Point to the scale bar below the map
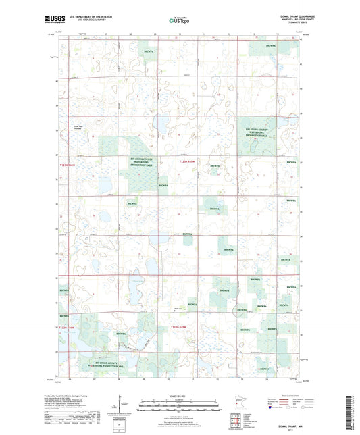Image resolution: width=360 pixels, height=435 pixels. [x=180, y=403]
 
